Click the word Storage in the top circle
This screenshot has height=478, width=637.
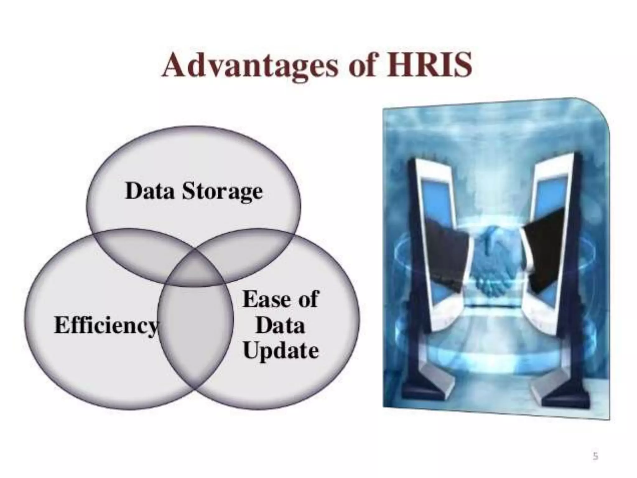(x=222, y=191)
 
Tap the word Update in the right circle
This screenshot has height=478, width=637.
(x=281, y=351)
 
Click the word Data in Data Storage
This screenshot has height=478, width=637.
(x=150, y=191)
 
